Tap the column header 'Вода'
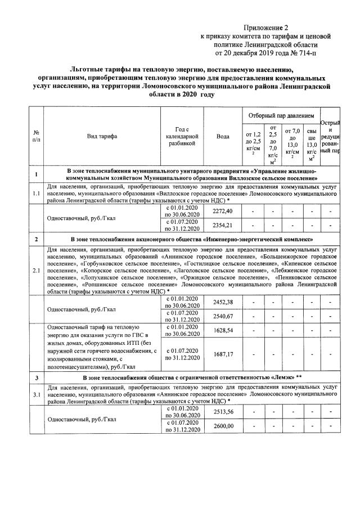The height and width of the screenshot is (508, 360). [223, 136]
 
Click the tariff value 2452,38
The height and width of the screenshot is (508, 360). [223, 302]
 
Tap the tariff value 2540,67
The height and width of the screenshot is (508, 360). [223, 316]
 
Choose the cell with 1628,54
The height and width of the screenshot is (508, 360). [223, 331]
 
